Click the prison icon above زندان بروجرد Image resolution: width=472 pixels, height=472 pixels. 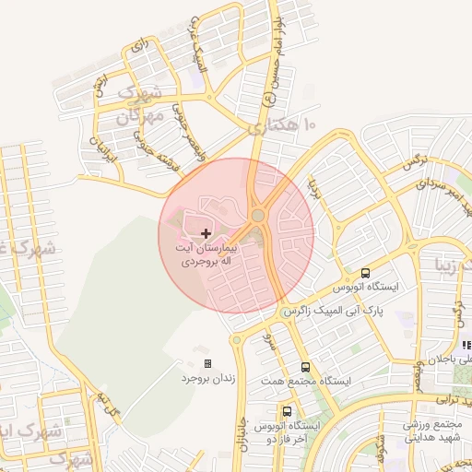(x=207, y=363)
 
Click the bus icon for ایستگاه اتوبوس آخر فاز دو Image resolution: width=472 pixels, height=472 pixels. (x=289, y=411)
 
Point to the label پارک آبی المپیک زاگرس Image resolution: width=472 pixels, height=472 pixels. (x=332, y=312)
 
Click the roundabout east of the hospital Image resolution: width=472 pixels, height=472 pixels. (x=258, y=216)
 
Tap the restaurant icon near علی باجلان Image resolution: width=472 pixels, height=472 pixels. (x=466, y=345)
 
